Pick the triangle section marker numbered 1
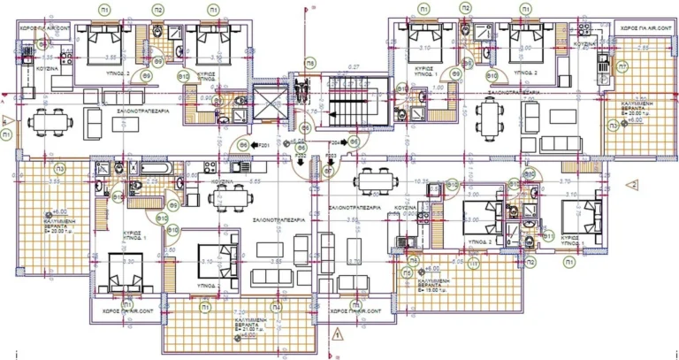pos(338,334)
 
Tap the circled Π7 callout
pos(623,66)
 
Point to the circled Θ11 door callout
pos(548,237)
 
